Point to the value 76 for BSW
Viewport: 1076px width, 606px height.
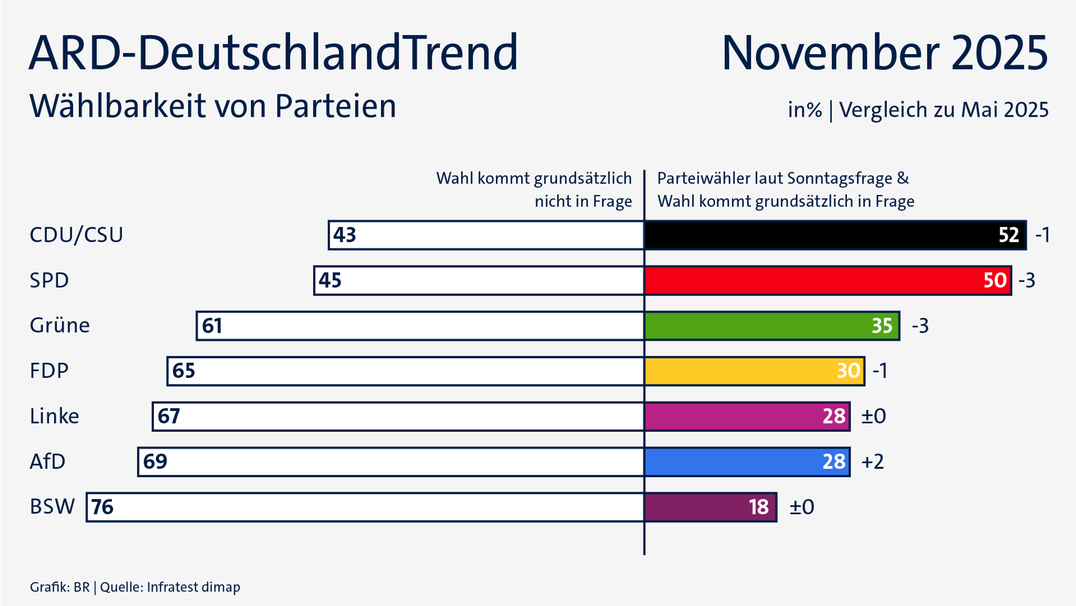pyautogui.click(x=102, y=507)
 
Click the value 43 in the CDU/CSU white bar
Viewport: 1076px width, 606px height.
pyautogui.click(x=345, y=235)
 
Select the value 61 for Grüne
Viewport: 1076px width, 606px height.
pyautogui.click(x=212, y=326)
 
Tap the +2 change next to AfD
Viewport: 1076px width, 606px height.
pyautogui.click(x=873, y=462)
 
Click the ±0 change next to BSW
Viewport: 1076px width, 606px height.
pyautogui.click(x=802, y=507)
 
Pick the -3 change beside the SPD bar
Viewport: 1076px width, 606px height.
pyautogui.click(x=1027, y=281)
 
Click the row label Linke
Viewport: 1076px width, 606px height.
pyautogui.click(x=54, y=416)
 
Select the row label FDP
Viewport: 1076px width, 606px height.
pyautogui.click(x=49, y=371)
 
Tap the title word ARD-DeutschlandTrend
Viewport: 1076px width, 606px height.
pyautogui.click(x=273, y=53)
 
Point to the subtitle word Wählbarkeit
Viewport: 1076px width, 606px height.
pyautogui.click(x=118, y=106)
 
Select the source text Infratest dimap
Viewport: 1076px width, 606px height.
pyautogui.click(x=193, y=587)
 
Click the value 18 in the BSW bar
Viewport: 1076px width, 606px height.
pyautogui.click(x=759, y=507)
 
